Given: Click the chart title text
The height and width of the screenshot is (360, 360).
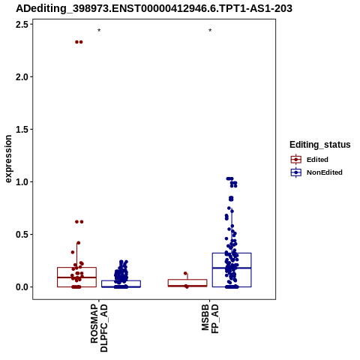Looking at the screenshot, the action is tap(154, 9).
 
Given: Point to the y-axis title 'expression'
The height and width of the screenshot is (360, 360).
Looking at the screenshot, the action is tap(8, 159).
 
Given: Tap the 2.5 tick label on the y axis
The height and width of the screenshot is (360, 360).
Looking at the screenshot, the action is tap(22, 24).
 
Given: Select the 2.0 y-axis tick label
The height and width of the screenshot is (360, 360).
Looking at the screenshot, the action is tap(22, 76).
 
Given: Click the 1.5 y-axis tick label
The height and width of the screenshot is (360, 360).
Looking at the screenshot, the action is tap(22, 129).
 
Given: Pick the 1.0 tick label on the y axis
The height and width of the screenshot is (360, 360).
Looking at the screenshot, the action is tap(22, 181).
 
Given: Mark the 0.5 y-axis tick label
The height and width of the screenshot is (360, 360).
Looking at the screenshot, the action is tap(22, 234).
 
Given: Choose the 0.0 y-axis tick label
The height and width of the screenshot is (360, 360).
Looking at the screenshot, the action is tap(22, 286).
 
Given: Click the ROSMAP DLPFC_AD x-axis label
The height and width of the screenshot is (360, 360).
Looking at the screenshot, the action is tap(99, 328).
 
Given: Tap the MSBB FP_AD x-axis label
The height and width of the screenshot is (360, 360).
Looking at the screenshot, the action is tap(210, 319).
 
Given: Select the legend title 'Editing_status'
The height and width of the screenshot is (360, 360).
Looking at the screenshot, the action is tap(320, 145).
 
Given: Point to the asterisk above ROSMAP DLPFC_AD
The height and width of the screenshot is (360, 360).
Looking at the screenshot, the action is tap(99, 31).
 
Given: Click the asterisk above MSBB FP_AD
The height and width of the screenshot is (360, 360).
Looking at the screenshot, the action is tap(210, 31).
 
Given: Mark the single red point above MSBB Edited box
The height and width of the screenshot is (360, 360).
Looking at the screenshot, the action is tap(185, 273).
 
